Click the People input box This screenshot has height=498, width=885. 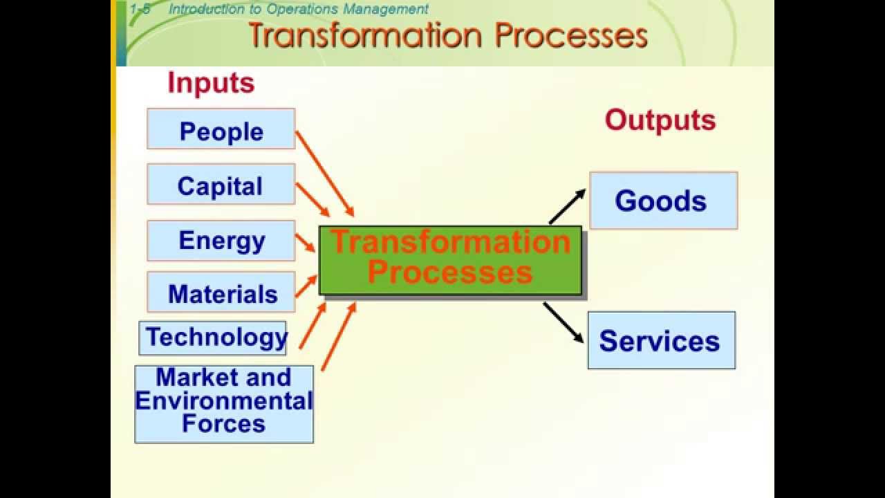(221, 129)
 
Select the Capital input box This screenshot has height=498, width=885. (221, 185)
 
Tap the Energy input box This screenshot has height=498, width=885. (221, 241)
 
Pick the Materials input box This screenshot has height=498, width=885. (221, 293)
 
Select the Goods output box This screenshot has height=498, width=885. (663, 201)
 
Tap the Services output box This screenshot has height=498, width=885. (661, 340)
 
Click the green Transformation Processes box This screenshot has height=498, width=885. (450, 260)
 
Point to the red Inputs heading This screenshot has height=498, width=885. (211, 83)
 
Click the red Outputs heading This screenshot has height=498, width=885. (660, 120)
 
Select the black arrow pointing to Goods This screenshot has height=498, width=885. (567, 206)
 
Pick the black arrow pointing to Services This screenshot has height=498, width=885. (563, 322)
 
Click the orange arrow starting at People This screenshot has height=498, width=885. (324, 173)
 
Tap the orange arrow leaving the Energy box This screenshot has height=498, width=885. (305, 243)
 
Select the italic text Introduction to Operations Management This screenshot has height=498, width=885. (298, 9)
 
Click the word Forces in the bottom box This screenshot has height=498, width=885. (223, 423)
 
